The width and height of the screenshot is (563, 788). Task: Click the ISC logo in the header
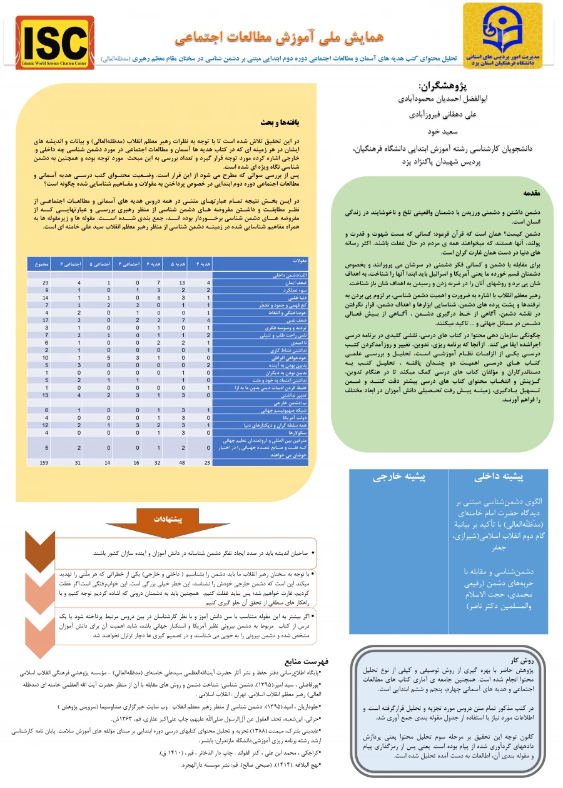click(x=54, y=43)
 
